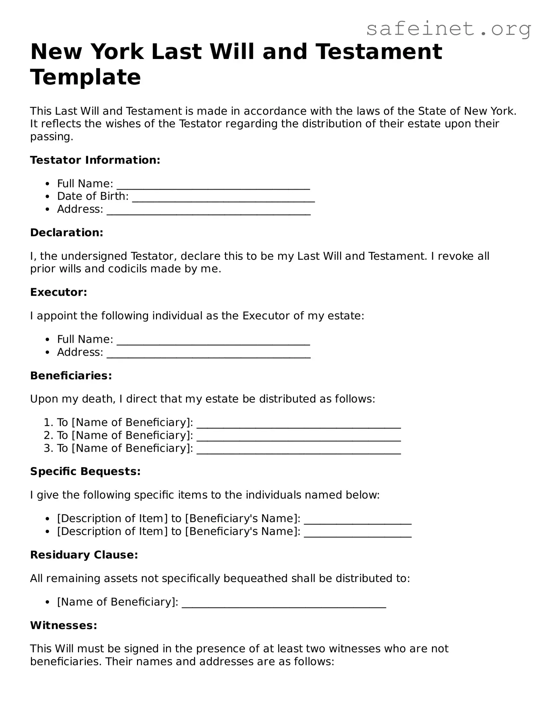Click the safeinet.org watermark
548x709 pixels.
(448, 29)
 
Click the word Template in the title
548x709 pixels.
(86, 77)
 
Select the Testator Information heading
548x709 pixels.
(95, 160)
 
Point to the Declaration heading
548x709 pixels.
(67, 233)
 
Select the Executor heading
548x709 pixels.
(59, 292)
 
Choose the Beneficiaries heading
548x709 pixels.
(71, 376)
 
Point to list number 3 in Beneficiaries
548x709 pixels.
(48, 448)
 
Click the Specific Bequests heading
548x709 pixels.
(85, 471)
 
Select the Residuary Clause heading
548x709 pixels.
(84, 555)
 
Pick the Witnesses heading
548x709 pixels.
(64, 625)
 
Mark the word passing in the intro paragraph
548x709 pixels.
(51, 137)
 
